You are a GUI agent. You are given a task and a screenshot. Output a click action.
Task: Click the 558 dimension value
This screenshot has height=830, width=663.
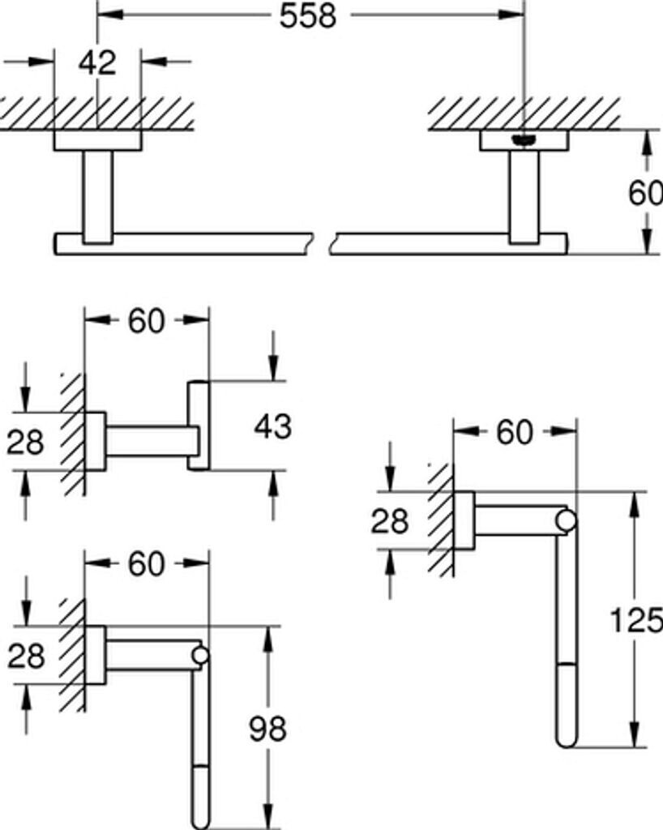[308, 16]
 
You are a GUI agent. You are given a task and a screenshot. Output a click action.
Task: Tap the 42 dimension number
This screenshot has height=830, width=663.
[98, 62]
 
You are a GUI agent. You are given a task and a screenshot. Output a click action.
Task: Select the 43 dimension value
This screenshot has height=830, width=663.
[272, 426]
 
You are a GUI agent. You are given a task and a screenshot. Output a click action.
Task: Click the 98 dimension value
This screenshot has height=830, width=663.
[267, 729]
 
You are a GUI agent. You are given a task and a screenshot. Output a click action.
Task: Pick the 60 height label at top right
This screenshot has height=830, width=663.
[646, 194]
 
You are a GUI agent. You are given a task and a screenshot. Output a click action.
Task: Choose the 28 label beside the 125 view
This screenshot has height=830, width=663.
[390, 521]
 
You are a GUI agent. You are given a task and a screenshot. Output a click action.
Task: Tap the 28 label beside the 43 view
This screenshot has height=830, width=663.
[25, 442]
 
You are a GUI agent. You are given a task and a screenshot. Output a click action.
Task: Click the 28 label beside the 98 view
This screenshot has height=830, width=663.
[25, 655]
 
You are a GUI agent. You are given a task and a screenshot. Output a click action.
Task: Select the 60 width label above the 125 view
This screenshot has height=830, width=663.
[515, 433]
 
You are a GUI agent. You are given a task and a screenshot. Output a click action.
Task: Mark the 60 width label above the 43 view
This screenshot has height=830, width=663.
[147, 322]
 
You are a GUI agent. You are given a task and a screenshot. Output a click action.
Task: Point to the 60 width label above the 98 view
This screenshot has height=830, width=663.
[147, 564]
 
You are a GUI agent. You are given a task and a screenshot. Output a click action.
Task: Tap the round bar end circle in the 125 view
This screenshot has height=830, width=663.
[567, 521]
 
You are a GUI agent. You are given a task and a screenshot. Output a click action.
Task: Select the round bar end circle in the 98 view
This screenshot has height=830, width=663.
[199, 656]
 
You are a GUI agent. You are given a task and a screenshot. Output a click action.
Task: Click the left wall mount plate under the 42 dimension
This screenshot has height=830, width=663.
[97, 140]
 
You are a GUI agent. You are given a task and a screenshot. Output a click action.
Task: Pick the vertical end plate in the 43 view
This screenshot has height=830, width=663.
[199, 426]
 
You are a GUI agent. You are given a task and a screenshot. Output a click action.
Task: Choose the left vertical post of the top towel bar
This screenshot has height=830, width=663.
[97, 196]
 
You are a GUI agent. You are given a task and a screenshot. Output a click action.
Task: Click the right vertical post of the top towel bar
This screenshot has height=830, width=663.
[524, 196]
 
